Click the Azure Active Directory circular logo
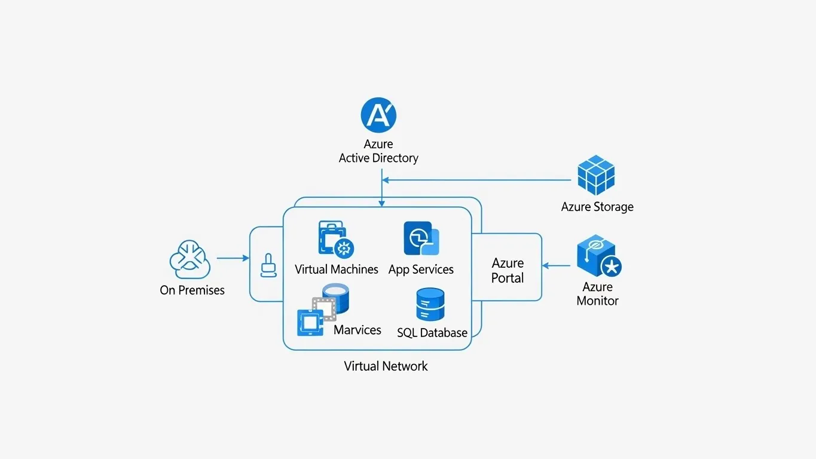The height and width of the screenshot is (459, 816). [378, 115]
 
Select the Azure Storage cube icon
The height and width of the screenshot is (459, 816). [596, 175]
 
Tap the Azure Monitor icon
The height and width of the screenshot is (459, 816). [598, 258]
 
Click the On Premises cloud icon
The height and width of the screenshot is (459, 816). [190, 261]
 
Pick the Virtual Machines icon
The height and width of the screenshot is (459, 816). [336, 239]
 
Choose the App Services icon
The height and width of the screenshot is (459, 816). [421, 239]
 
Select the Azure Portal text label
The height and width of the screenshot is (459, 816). [508, 271]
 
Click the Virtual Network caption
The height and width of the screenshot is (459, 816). [386, 366]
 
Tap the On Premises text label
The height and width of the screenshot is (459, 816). [192, 290]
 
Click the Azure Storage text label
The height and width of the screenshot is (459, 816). [597, 207]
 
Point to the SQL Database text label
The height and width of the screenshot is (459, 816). [432, 333]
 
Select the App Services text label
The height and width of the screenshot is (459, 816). [421, 270]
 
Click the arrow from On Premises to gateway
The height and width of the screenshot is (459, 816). [233, 258]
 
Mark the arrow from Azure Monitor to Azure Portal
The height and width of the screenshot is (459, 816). [557, 266]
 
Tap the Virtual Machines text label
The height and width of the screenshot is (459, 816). [337, 270]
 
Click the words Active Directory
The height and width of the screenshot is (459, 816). [378, 158]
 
